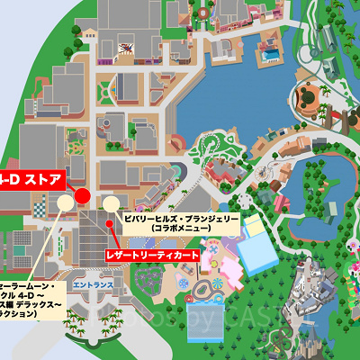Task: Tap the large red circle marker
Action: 82,195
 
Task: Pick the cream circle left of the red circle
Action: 65,203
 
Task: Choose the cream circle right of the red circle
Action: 112,202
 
